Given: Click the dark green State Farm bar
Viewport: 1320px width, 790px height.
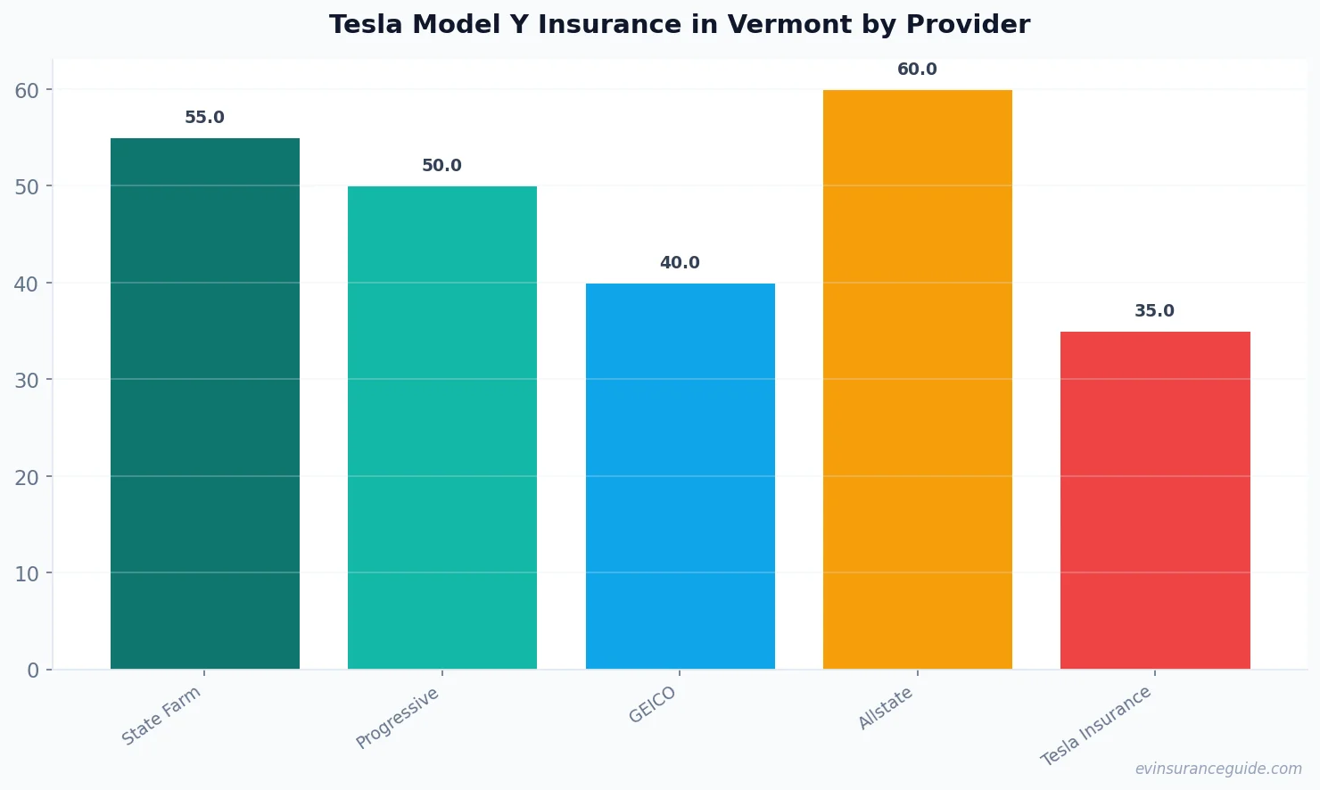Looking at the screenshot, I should click(205, 403).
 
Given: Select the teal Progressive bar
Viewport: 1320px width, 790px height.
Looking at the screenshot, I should click(442, 427).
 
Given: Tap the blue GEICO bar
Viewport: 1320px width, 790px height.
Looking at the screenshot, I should click(680, 475).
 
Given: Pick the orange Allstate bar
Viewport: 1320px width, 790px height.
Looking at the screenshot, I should click(917, 379).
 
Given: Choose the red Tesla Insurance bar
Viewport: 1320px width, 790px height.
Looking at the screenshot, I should click(1155, 499).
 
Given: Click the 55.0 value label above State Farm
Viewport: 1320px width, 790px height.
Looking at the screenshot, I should click(204, 118).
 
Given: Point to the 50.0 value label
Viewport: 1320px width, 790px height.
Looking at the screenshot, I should click(441, 166).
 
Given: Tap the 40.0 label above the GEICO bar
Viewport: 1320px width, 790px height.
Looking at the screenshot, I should click(680, 263).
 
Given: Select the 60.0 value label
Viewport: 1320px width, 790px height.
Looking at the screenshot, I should click(917, 70).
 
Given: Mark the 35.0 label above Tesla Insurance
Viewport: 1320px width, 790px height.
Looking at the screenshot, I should click(1154, 311).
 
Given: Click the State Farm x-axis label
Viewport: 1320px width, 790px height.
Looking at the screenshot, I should click(161, 716).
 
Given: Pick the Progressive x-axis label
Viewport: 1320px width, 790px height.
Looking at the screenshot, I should click(398, 718).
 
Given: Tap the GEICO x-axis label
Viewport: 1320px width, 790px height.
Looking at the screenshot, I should click(653, 705).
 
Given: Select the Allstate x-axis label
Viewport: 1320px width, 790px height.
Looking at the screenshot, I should click(886, 708).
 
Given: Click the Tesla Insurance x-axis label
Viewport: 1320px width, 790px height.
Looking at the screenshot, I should click(1096, 726).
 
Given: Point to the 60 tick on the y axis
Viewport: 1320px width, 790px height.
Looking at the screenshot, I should click(27, 90).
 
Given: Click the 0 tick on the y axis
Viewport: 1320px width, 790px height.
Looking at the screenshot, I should click(33, 671).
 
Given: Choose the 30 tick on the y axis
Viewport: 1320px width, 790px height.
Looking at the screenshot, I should click(27, 381).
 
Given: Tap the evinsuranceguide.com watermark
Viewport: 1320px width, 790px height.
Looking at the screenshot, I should click(1218, 769).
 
